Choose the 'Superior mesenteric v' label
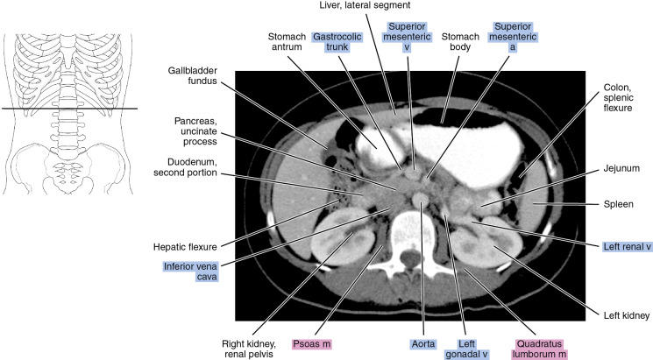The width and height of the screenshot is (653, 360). click(405, 37)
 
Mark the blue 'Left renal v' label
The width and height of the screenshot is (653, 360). click(625, 246)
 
